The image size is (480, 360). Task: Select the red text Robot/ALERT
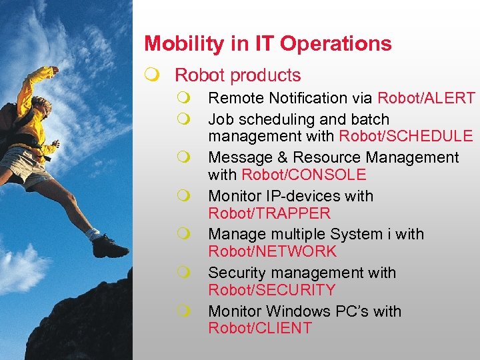tap(426, 98)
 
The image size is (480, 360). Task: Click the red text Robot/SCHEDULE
tap(405, 137)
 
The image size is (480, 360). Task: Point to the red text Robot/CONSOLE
tap(303, 175)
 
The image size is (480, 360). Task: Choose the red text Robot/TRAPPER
tap(269, 213)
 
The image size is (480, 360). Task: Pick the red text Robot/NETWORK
tap(273, 251)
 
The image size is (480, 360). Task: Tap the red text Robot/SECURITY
tap(271, 290)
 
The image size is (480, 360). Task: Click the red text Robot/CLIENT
tap(260, 328)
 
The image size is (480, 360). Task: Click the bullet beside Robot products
tap(155, 76)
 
